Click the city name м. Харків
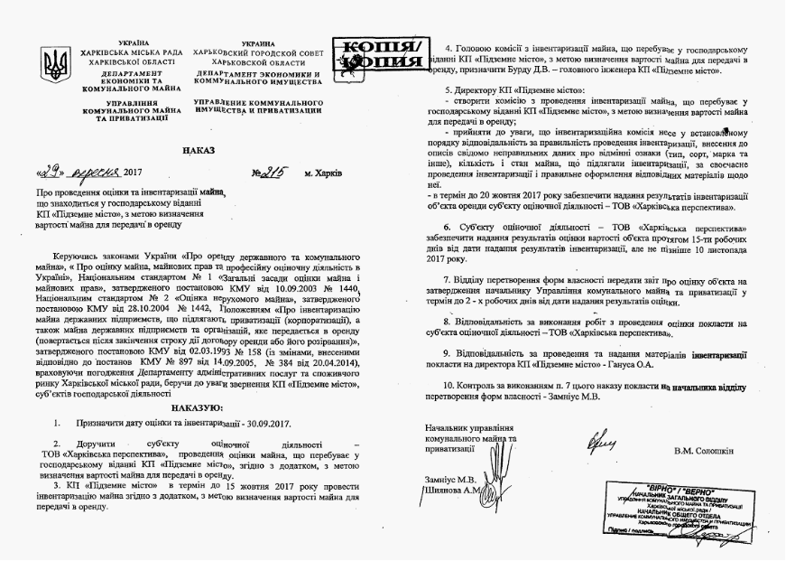point(323,172)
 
